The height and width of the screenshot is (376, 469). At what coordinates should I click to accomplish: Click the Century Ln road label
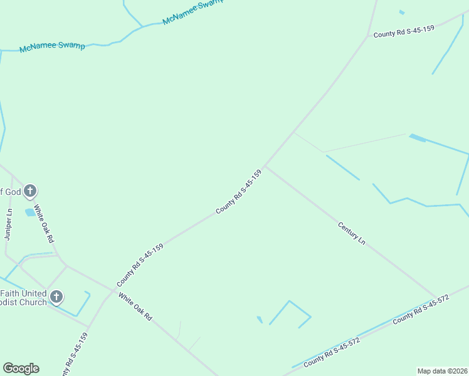[x=351, y=232]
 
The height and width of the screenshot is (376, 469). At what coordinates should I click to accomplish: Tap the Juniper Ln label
[x=8, y=224]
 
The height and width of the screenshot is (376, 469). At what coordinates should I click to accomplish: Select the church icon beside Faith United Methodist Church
[x=56, y=297]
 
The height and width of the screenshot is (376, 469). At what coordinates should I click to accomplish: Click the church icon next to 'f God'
[x=30, y=192]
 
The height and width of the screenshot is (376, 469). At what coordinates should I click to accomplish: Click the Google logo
[x=21, y=368]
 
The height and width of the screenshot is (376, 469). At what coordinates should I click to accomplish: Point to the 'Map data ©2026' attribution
[x=441, y=370]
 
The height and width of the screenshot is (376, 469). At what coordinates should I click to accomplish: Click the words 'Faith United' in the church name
[x=23, y=293]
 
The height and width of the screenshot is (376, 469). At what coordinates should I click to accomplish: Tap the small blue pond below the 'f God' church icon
[x=30, y=212]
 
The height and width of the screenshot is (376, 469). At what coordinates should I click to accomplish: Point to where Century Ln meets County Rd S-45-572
[x=435, y=296]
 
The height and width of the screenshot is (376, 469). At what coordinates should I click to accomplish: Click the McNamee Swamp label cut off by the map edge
[x=192, y=12]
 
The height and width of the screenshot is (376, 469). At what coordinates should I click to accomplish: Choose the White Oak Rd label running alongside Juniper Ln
[x=44, y=224]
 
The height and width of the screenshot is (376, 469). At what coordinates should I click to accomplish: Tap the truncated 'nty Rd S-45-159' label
[x=75, y=354]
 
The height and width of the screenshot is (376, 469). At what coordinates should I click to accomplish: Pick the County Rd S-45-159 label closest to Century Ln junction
[x=238, y=191]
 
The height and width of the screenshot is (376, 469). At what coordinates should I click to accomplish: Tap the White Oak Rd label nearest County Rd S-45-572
[x=135, y=308]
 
